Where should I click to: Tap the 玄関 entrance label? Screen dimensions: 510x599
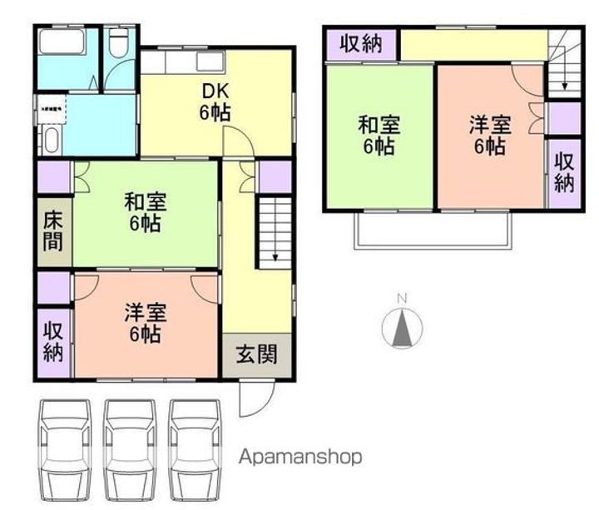point(257,354)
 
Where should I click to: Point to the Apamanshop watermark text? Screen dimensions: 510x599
point(300,457)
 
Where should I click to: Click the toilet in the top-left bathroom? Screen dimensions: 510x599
point(118,43)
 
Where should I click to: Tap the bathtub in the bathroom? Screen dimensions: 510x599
point(61,41)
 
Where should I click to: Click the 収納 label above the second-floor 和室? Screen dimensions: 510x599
point(361,44)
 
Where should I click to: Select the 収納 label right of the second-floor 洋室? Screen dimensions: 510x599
point(565,171)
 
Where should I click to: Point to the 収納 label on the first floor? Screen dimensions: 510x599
point(53,340)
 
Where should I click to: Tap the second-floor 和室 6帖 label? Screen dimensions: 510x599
point(379,136)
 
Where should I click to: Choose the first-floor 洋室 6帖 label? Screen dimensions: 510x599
point(145,324)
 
